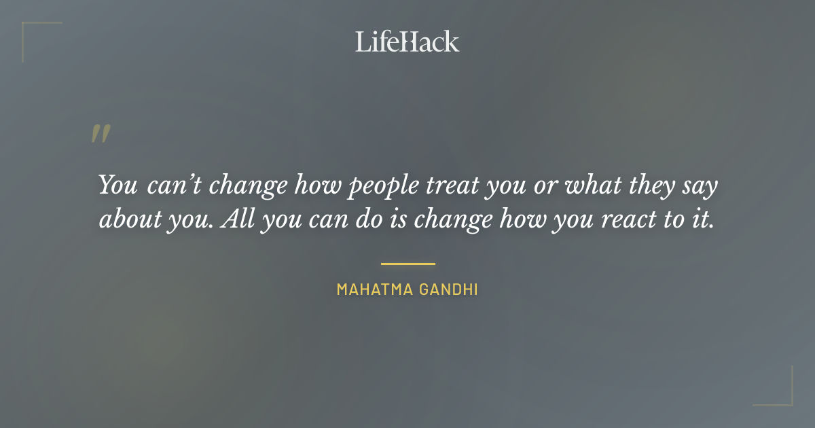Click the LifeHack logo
[x=407, y=42]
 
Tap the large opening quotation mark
[x=100, y=134]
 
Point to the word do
[x=377, y=220]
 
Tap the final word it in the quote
[x=704, y=220]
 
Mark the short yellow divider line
[x=407, y=264]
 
